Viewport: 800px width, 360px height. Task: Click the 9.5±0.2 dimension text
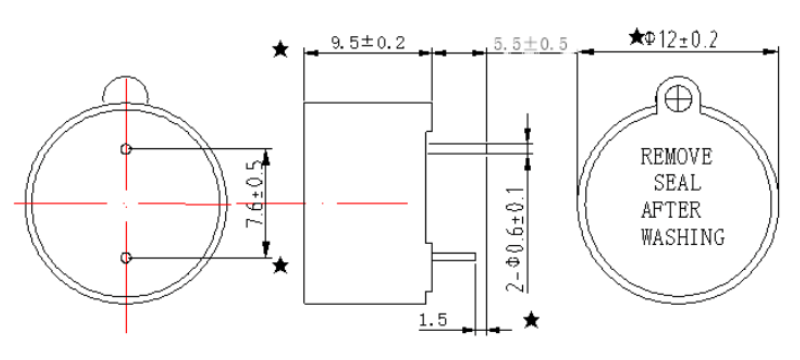(366, 42)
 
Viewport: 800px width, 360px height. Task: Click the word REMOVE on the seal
(675, 157)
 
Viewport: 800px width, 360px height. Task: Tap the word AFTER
(671, 211)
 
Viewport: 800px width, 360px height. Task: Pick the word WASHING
(682, 238)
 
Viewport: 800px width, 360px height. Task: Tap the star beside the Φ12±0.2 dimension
(636, 38)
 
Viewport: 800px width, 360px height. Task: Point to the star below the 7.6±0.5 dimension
(281, 265)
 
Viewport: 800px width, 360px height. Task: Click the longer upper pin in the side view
(478, 150)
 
